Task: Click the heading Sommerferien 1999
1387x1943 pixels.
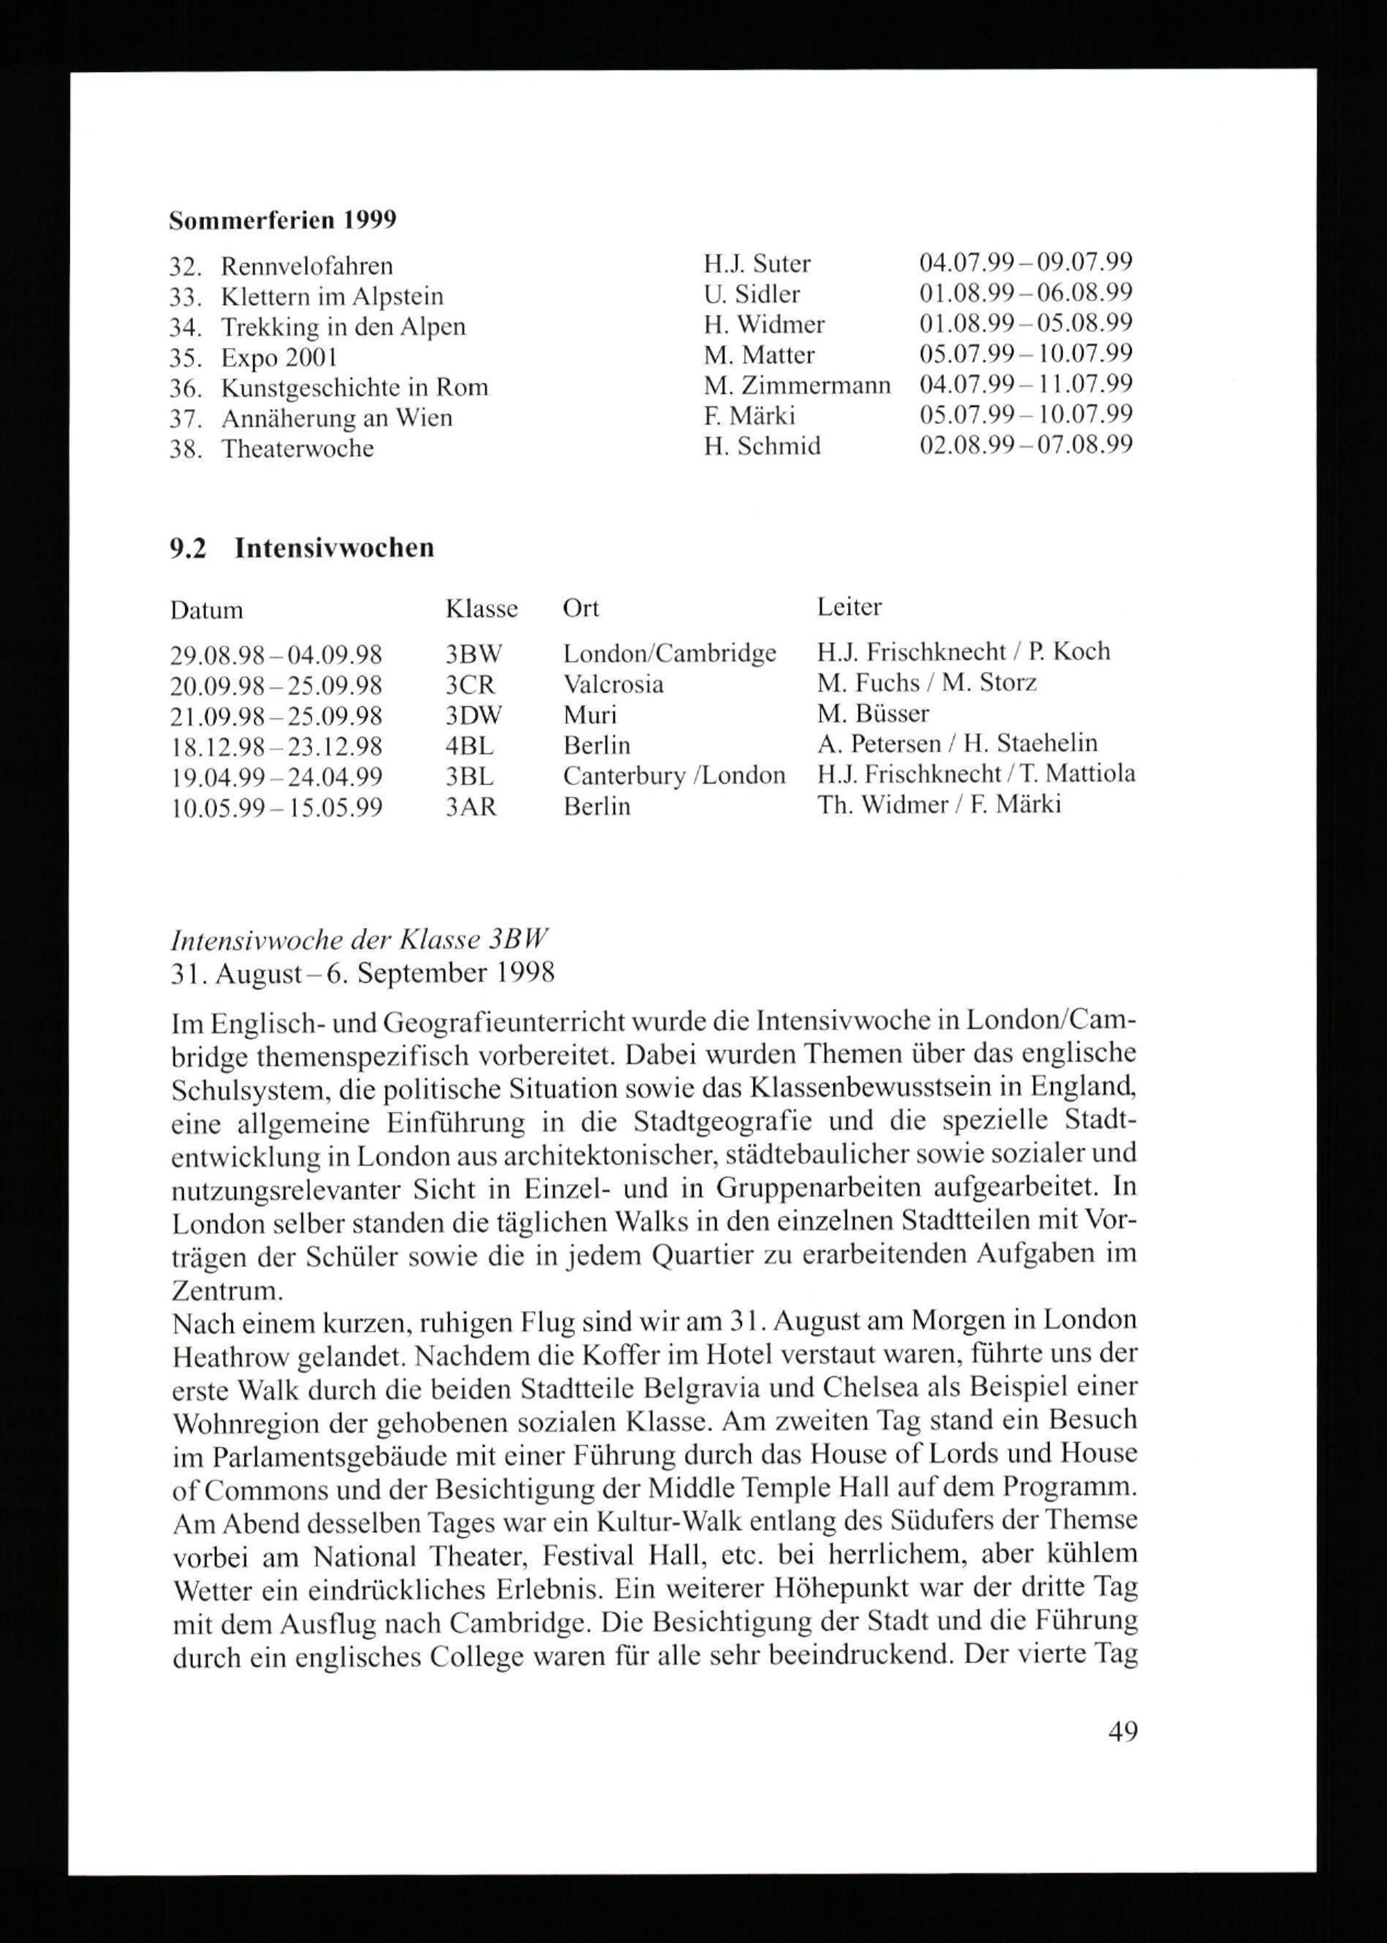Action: (x=283, y=221)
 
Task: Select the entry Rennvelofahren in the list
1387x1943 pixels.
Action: (x=307, y=266)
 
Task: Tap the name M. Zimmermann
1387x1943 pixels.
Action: (x=797, y=385)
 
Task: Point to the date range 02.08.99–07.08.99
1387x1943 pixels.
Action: (x=1026, y=445)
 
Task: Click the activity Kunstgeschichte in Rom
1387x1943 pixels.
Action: (x=354, y=388)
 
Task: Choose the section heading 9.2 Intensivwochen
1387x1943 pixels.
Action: (x=302, y=547)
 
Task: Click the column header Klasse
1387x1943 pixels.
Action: (x=482, y=609)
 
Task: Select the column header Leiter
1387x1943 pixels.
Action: (x=849, y=607)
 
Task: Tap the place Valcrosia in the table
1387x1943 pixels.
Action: (x=613, y=684)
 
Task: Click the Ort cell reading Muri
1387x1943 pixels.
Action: (x=590, y=715)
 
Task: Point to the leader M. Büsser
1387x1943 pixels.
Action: (x=873, y=713)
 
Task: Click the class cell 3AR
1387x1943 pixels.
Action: (x=471, y=807)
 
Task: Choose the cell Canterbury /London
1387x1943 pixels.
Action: (x=674, y=776)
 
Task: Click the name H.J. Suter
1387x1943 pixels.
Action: (x=757, y=264)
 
